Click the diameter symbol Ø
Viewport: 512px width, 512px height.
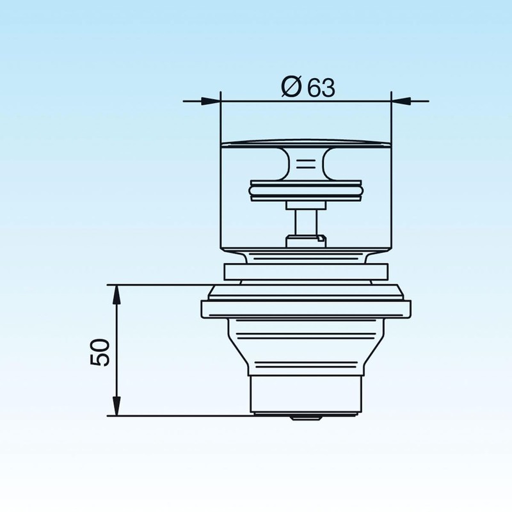click(291, 87)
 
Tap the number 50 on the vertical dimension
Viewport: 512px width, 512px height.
click(101, 351)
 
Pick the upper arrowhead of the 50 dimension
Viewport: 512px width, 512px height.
click(116, 294)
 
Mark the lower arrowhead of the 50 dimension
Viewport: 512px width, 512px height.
click(116, 406)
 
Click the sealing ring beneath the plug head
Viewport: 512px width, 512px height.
click(306, 190)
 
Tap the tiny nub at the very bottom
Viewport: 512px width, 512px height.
click(306, 417)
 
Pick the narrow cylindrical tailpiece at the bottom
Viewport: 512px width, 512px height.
click(306, 394)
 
